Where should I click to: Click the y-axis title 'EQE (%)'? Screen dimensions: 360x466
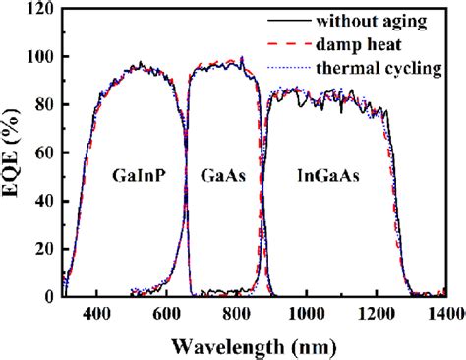[13, 152]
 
